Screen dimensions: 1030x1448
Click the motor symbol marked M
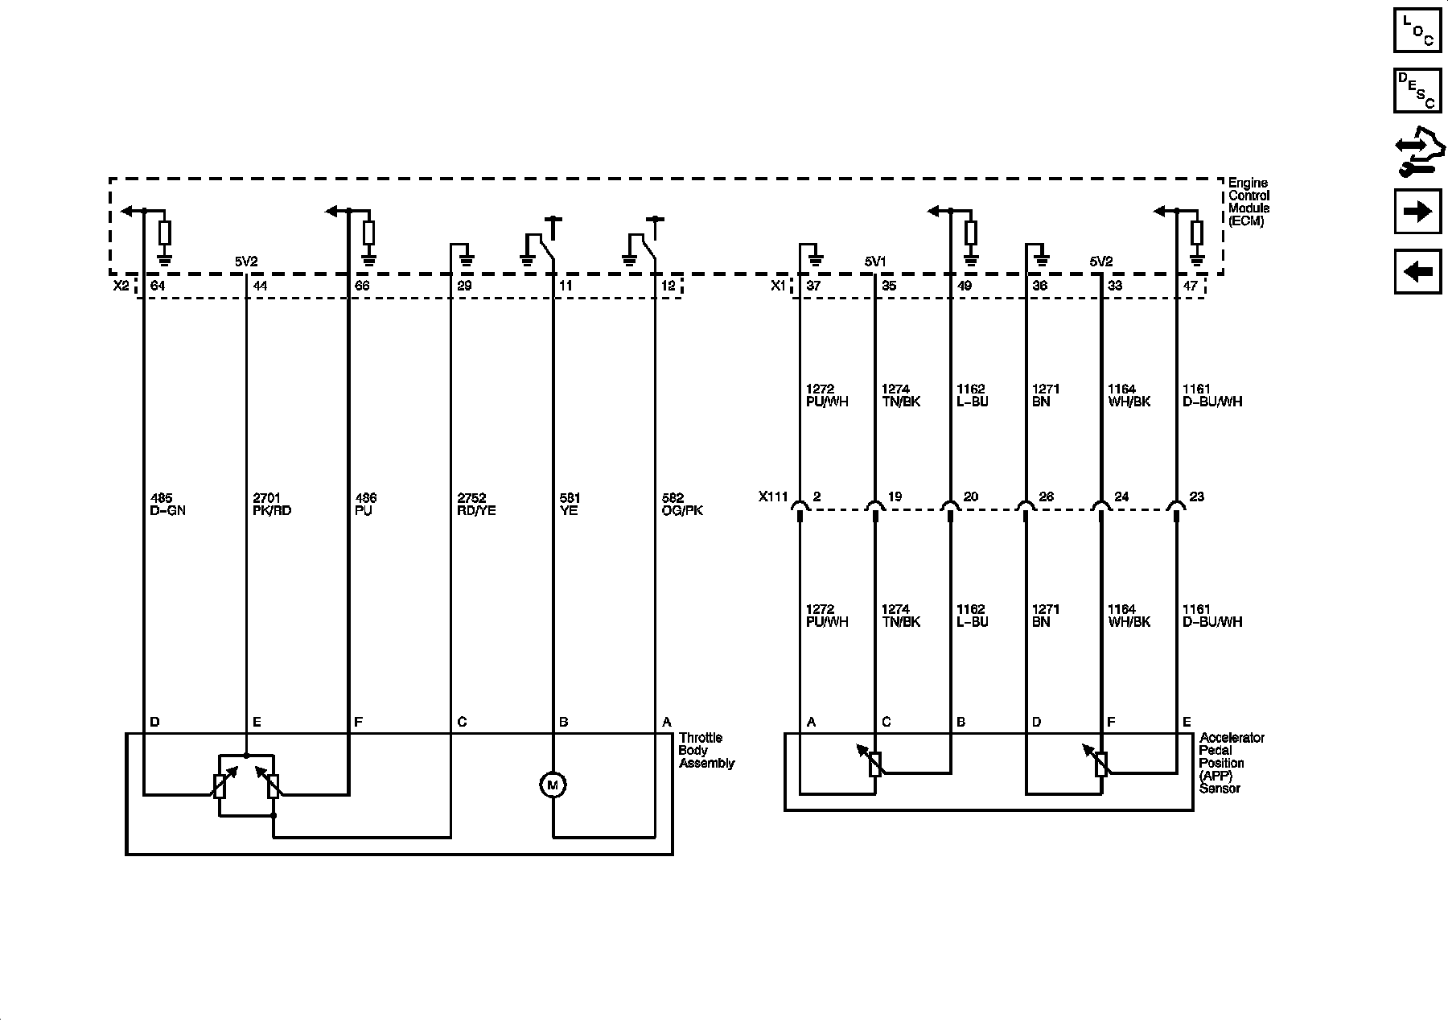coord(553,785)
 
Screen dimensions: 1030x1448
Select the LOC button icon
coord(1417,29)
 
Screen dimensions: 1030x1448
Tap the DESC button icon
coord(1417,90)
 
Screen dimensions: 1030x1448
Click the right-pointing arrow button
coord(1417,212)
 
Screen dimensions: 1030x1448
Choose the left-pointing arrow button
coord(1417,272)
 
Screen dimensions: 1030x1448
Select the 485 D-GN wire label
coord(168,505)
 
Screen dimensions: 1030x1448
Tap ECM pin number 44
coord(260,286)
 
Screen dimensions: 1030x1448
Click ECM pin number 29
coord(464,286)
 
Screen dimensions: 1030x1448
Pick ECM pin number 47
coord(1191,286)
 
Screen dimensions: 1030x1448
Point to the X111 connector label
coord(773,497)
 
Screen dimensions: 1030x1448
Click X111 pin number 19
coord(895,497)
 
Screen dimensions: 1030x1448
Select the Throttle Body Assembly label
coord(706,750)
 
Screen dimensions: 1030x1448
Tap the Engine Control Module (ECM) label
coord(1248,202)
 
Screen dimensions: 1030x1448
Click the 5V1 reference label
coord(875,262)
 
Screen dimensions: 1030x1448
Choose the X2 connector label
coord(121,286)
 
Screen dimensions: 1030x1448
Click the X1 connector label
coord(778,286)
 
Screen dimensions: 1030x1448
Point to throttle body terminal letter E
coord(257,723)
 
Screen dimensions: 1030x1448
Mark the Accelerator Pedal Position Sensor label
coord(1232,763)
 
